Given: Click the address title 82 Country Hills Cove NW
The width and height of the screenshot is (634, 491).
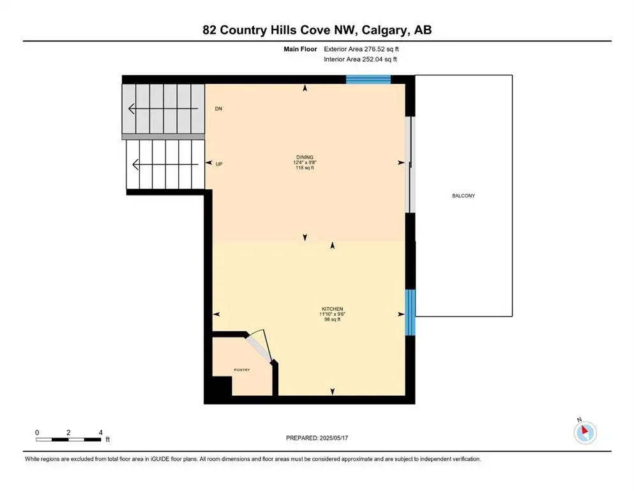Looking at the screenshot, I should point(317,30).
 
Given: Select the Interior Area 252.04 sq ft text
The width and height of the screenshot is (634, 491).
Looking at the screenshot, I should point(361,59).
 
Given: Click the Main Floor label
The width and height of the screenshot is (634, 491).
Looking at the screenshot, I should point(301,49).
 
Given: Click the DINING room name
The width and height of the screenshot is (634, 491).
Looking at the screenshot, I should point(305,157).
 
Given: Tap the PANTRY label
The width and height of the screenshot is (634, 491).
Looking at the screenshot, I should point(241,370).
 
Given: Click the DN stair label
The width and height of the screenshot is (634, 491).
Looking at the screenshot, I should point(218,109).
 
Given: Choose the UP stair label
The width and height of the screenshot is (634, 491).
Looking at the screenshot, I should point(219,164).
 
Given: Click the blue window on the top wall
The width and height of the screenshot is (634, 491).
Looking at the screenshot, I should point(368,79).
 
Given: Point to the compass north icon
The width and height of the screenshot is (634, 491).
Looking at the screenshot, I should point(585,433).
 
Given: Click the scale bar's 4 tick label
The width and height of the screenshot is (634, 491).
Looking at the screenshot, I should point(100,433).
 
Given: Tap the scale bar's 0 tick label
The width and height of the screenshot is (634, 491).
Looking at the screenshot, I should point(37,433).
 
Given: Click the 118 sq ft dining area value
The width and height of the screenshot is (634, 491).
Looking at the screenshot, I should point(305,168).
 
